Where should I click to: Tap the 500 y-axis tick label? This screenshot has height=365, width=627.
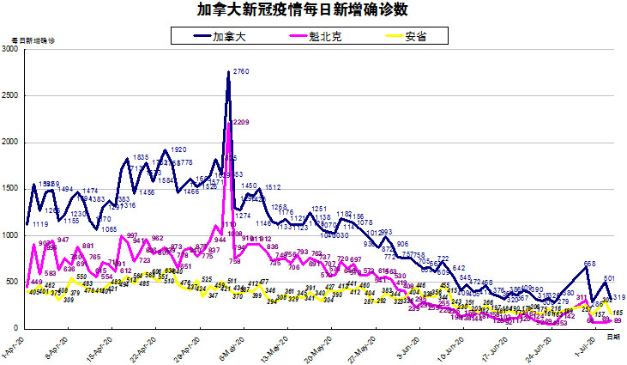point(12,282)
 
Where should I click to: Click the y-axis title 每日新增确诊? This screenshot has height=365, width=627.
point(33,40)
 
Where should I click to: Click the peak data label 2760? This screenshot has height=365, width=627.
point(241,72)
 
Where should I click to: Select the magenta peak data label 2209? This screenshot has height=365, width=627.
point(241,123)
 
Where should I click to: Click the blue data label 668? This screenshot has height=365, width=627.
point(589,264)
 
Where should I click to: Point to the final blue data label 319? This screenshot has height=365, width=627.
point(618,298)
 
